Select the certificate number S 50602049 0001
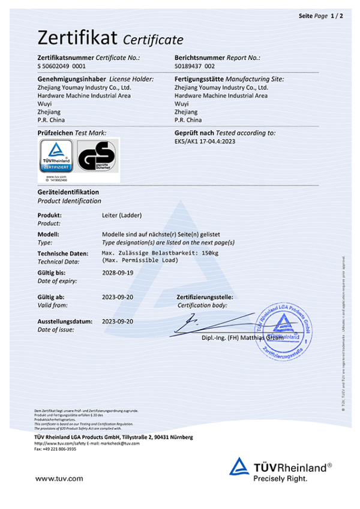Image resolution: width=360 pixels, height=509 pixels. [62, 66]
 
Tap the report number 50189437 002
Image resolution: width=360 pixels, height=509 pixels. [194, 66]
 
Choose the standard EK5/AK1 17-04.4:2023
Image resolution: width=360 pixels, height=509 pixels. [208, 141]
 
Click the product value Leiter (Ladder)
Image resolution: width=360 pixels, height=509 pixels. [122, 215]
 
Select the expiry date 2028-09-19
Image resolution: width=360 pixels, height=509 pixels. [118, 273]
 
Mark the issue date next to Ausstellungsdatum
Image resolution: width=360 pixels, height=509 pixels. [118, 321]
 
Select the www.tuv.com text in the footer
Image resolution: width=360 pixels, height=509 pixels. [59, 478]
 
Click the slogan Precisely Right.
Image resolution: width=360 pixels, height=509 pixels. [280, 478]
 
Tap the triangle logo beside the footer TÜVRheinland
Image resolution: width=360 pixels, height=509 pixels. [239, 466]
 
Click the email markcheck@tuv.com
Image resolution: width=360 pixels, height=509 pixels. [125, 443]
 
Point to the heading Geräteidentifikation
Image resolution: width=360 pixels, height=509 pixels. [68, 192]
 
